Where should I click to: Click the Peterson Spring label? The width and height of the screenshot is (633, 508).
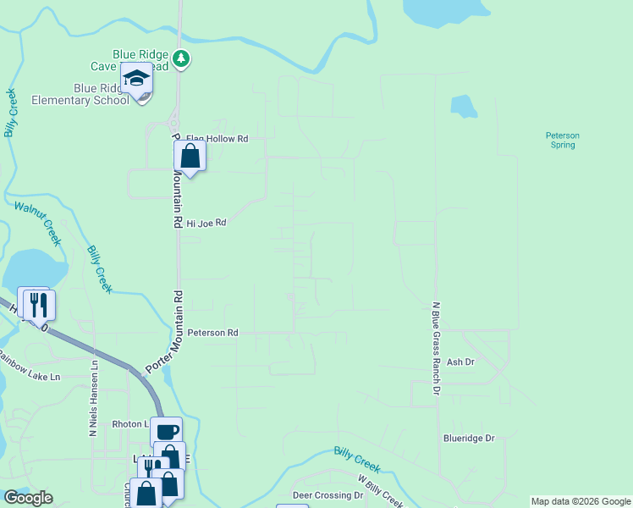(x=562, y=140)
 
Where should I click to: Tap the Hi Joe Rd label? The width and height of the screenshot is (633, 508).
(x=206, y=224)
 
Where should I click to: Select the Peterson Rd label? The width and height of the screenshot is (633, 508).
(x=212, y=334)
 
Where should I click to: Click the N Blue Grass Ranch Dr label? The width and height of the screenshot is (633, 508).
(x=437, y=349)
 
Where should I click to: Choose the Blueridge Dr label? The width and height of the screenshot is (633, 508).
(x=468, y=439)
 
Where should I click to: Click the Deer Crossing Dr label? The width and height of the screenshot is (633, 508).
(x=328, y=494)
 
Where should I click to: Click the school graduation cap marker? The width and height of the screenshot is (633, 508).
(x=135, y=79)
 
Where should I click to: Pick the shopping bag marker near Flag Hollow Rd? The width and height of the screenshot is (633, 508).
(x=190, y=156)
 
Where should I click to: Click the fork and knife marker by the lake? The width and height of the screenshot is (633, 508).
(x=39, y=304)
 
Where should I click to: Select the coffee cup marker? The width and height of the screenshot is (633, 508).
(x=167, y=432)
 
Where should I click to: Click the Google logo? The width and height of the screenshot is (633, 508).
(x=28, y=498)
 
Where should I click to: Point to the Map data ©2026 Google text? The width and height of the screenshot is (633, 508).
(x=581, y=501)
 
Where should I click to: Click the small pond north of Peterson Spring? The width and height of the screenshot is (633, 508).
(x=463, y=106)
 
